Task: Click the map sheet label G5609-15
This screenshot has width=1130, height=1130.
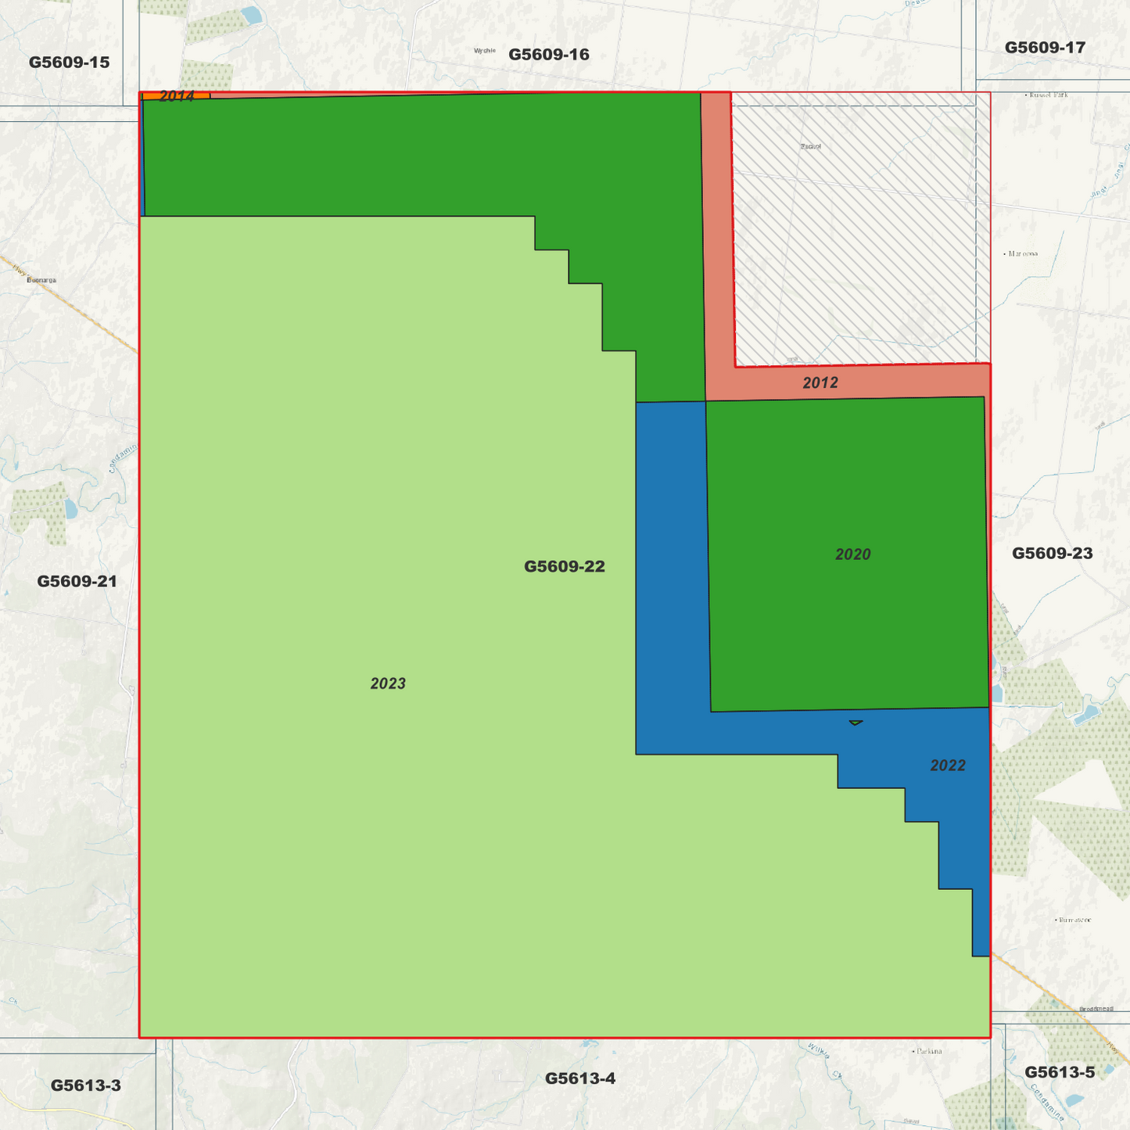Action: tap(69, 63)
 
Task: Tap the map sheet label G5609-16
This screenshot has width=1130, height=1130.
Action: tap(548, 55)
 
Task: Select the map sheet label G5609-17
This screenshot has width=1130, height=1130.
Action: tap(1045, 48)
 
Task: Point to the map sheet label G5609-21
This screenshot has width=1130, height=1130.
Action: tap(77, 581)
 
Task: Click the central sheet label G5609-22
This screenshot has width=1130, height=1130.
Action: tap(564, 566)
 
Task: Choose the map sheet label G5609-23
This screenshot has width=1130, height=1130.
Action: tap(1052, 554)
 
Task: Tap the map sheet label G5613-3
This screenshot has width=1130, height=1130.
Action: tap(85, 1085)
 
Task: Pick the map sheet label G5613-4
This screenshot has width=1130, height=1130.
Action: tap(579, 1078)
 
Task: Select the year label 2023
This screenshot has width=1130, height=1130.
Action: tap(388, 683)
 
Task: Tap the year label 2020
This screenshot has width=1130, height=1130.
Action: tap(852, 554)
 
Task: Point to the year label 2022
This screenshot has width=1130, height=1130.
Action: tap(947, 766)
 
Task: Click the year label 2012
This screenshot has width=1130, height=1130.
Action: tap(820, 382)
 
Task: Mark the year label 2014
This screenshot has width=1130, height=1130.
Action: tap(176, 96)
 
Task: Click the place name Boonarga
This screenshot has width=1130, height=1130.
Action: tap(41, 280)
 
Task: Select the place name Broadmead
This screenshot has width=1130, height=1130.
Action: tap(1096, 1009)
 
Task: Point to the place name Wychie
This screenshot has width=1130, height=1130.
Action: tap(485, 51)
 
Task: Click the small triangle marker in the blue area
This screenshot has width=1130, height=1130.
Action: tap(856, 723)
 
